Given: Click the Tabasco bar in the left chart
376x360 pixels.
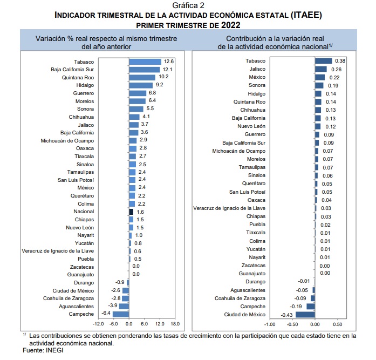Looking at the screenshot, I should (145, 62).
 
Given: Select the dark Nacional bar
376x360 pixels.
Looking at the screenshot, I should (131, 212).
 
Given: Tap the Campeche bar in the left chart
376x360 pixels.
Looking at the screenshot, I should (121, 314).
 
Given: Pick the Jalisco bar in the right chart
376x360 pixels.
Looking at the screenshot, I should (321, 69).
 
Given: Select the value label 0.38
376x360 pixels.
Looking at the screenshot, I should (340, 61).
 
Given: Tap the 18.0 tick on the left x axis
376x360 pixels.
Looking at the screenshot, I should (175, 324).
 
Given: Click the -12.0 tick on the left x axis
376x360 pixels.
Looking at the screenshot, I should (98, 324).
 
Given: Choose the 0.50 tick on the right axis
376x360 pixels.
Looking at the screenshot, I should (337, 324).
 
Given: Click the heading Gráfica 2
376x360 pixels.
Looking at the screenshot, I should (188, 5).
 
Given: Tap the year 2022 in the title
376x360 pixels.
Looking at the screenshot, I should (230, 25).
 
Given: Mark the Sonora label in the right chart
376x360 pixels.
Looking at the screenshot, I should (257, 86).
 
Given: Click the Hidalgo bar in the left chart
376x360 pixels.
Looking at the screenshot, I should (141, 85).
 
